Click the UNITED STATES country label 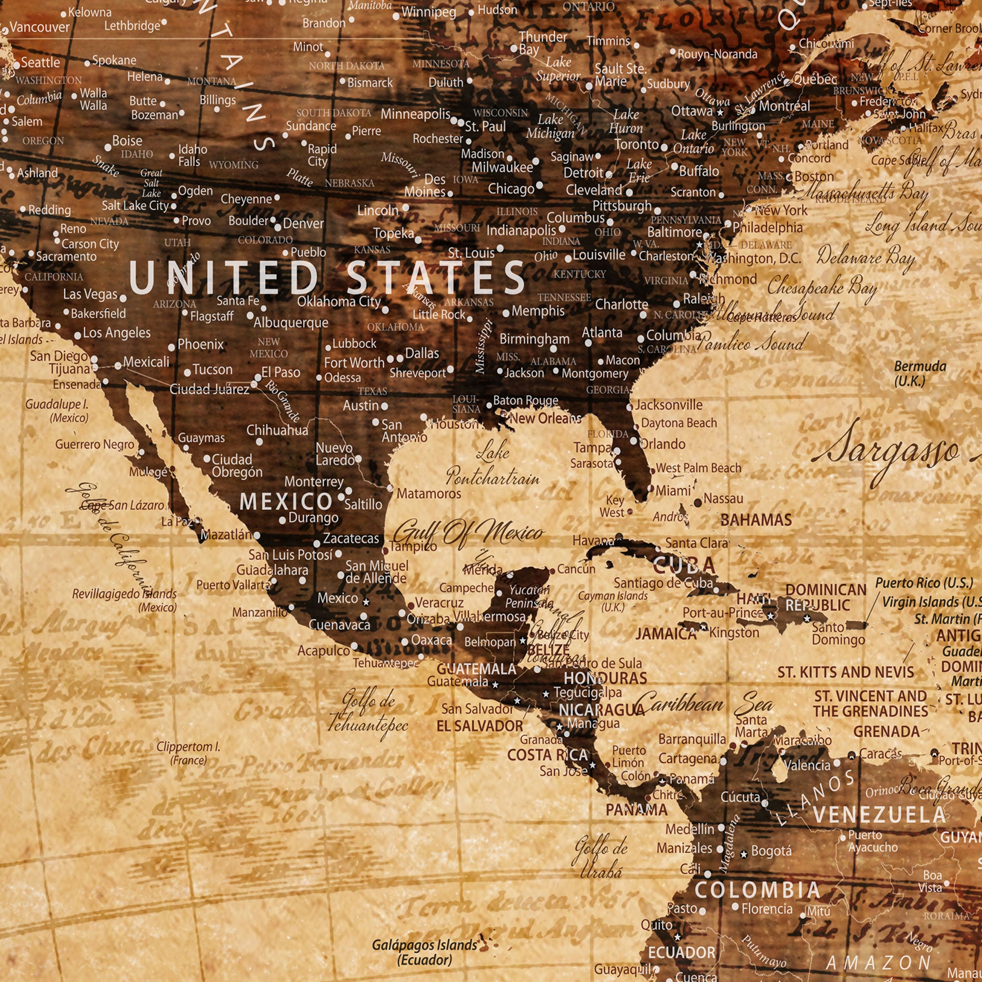coord(327,277)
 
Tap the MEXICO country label coord(286,502)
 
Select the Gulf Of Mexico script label coord(468,534)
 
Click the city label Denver coord(303,223)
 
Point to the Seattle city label coord(40,62)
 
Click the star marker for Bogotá coord(743,854)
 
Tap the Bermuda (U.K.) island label coord(920,374)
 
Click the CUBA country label coord(683,565)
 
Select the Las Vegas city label coord(90,294)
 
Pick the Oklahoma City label coord(338,301)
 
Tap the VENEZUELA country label coord(879,815)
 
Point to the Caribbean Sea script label coord(704,706)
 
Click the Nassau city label coord(723,499)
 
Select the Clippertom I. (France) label coord(188,753)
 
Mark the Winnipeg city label coord(428,12)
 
